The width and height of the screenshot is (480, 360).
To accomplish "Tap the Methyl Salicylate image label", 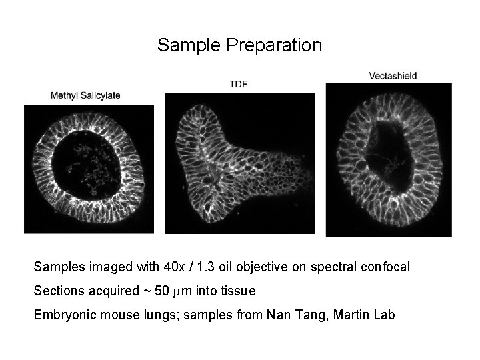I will pyautogui.click(x=85, y=95).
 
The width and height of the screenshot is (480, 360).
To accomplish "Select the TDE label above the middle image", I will pyautogui.click(x=239, y=84).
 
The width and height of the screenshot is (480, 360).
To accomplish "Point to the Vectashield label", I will pyautogui.click(x=393, y=76).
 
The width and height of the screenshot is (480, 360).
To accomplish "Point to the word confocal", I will pyautogui.click(x=385, y=267).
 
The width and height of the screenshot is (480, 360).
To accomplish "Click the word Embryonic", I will pyautogui.click(x=64, y=315).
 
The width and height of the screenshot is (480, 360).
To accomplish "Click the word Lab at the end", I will pyautogui.click(x=383, y=315).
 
